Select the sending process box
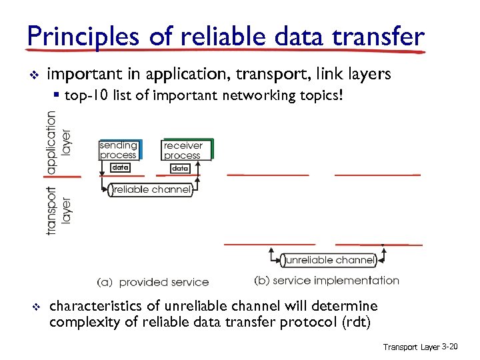tap(119, 150)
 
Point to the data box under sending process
tap(120, 167)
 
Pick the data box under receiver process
tap(180, 169)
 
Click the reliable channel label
tap(152, 190)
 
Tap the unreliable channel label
tap(327, 260)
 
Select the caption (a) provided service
tap(153, 282)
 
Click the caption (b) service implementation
tap(327, 281)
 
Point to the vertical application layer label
tap(59, 142)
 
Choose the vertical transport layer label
tap(59, 209)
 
